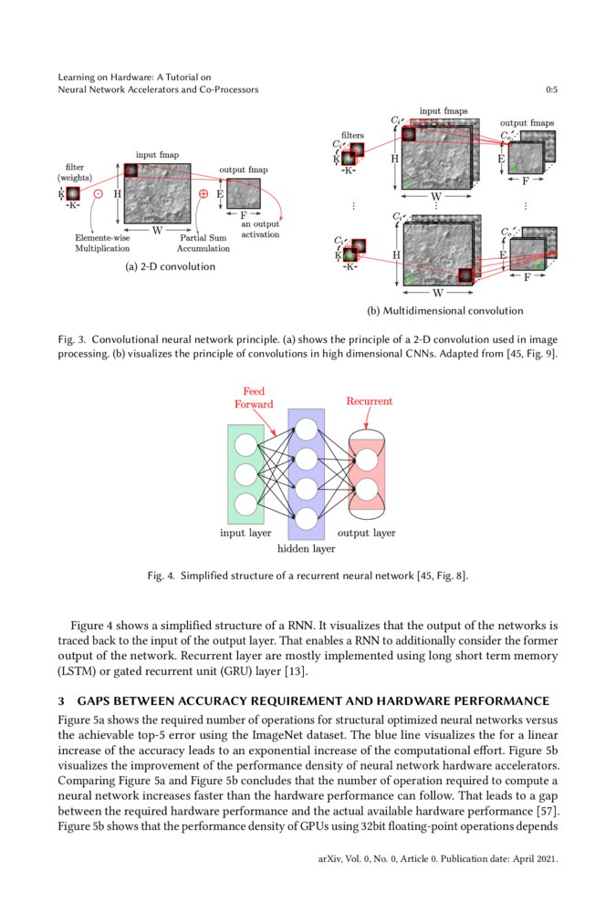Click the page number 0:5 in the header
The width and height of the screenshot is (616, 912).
point(551,90)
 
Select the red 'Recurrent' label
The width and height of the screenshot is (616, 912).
point(370,400)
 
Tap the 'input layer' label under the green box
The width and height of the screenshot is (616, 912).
point(245,533)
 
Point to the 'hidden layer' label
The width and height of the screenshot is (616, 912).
point(306,549)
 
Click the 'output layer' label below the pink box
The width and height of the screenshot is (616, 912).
point(367,533)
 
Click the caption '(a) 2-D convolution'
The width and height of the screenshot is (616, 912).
point(171,266)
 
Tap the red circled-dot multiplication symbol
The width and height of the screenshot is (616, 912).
point(98,194)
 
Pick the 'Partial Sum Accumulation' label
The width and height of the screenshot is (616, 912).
point(204,243)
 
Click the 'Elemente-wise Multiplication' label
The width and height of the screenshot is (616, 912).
point(102,243)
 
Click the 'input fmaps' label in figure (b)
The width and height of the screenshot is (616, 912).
point(444,111)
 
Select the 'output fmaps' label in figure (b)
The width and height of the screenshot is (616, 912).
point(527,122)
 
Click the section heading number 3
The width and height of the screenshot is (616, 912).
point(61,700)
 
